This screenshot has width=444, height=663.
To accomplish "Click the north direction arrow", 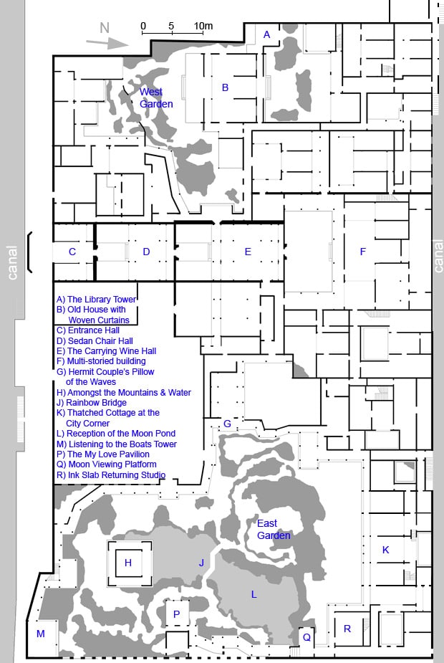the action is [107, 43].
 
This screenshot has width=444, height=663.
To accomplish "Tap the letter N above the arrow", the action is [105, 28].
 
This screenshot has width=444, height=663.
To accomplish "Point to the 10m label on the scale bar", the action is [203, 26].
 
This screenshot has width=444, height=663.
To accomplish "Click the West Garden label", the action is [156, 97].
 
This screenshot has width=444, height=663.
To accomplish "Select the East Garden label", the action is [274, 530].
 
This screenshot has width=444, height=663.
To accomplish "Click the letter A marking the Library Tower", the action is [266, 34].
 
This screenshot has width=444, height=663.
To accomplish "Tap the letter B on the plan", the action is [225, 87].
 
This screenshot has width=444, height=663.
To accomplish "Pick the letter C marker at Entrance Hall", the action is [72, 252].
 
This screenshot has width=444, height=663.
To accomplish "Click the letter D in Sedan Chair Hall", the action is [146, 252].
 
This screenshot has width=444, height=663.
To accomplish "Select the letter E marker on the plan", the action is [248, 252].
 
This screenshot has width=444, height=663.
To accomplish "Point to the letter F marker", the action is [362, 252].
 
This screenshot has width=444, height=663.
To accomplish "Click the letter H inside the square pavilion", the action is [128, 563].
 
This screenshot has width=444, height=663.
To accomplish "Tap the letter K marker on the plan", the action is [385, 550].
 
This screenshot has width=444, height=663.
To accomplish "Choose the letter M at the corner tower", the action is [41, 634].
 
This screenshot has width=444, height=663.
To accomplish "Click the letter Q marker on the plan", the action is [307, 637].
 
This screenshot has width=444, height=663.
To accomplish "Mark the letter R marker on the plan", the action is [347, 629].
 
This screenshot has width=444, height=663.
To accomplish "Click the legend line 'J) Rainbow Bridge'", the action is [92, 403].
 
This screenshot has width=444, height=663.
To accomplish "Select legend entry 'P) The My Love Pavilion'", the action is [103, 454].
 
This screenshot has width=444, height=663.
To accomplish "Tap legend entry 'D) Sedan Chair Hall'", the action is [95, 340].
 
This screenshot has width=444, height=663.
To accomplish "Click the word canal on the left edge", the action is [13, 262].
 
